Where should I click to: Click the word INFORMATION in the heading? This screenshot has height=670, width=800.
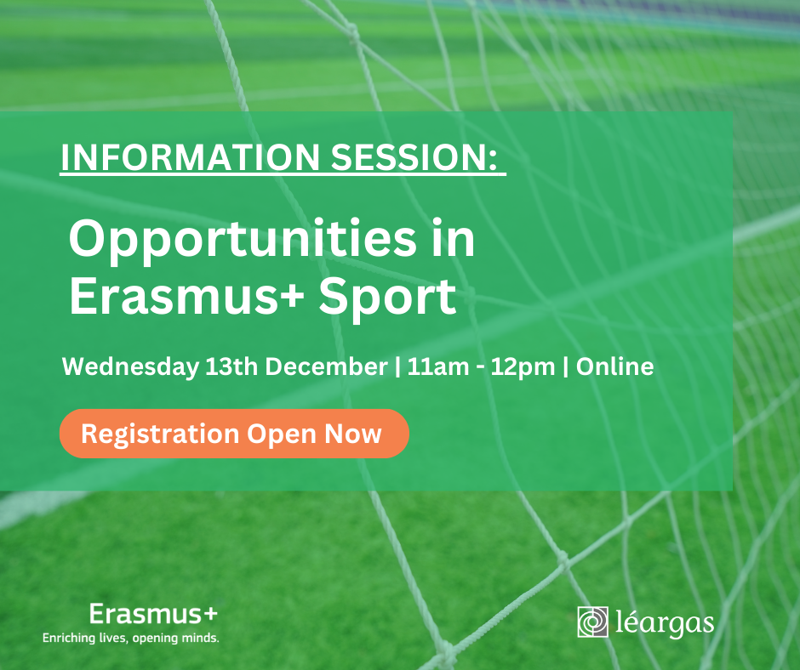(191, 157)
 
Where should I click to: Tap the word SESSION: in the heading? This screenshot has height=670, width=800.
(414, 157)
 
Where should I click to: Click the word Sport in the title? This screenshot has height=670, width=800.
(387, 298)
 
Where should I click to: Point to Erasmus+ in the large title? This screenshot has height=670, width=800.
(186, 296)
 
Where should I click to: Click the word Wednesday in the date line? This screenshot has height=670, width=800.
(130, 367)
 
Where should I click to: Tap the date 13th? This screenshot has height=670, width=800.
(231, 366)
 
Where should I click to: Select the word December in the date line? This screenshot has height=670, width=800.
(327, 366)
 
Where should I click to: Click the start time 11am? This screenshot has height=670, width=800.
(438, 366)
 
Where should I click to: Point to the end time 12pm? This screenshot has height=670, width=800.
(523, 367)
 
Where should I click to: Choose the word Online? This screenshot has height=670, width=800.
(614, 366)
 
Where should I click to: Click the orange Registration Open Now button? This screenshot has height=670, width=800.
(234, 434)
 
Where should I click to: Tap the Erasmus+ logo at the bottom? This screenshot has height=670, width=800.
(153, 614)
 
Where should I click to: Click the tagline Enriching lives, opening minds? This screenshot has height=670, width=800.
(130, 638)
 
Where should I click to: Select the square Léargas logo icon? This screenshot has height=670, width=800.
(593, 622)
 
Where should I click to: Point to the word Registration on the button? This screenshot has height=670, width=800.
(160, 434)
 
